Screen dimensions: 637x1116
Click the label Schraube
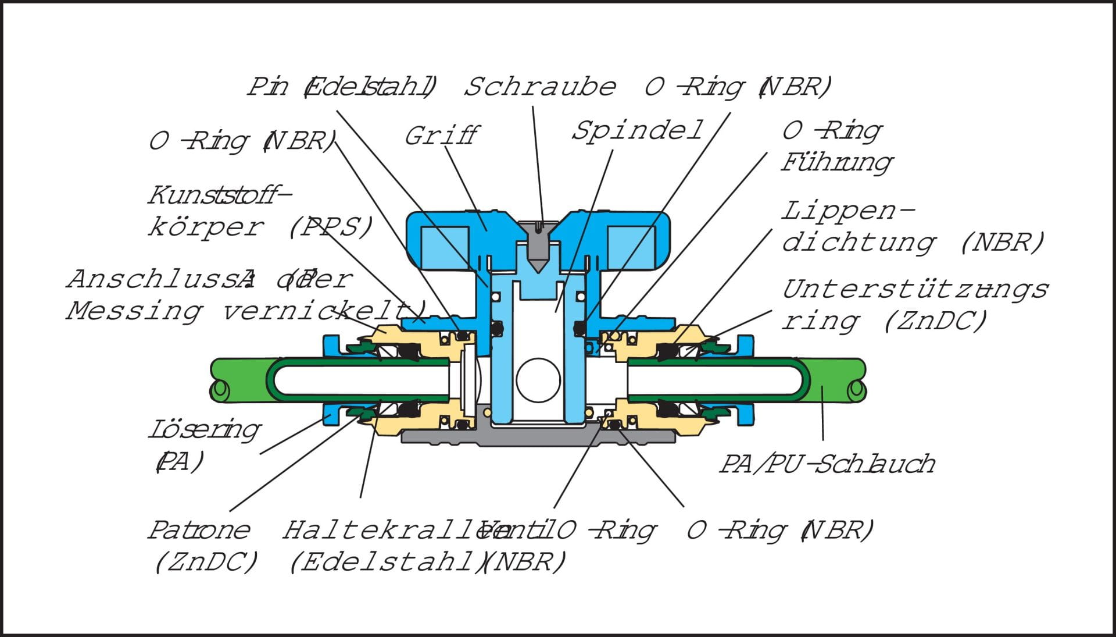[539, 87]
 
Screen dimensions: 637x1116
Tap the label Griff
[441, 136]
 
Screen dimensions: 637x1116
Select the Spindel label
[637, 131]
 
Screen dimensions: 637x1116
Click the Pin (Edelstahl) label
[342, 87]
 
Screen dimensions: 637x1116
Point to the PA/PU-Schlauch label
[827, 464]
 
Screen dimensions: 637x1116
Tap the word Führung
[836, 163]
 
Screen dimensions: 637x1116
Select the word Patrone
[199, 530]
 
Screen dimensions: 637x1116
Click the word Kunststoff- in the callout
[219, 195]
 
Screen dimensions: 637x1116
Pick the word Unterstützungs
[914, 289]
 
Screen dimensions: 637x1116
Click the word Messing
[134, 311]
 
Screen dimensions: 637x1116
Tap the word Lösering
[204, 430]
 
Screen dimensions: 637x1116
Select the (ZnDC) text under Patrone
[206, 562]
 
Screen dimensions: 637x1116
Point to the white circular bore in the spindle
[538, 380]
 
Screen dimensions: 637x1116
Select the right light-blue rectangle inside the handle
[631, 243]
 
